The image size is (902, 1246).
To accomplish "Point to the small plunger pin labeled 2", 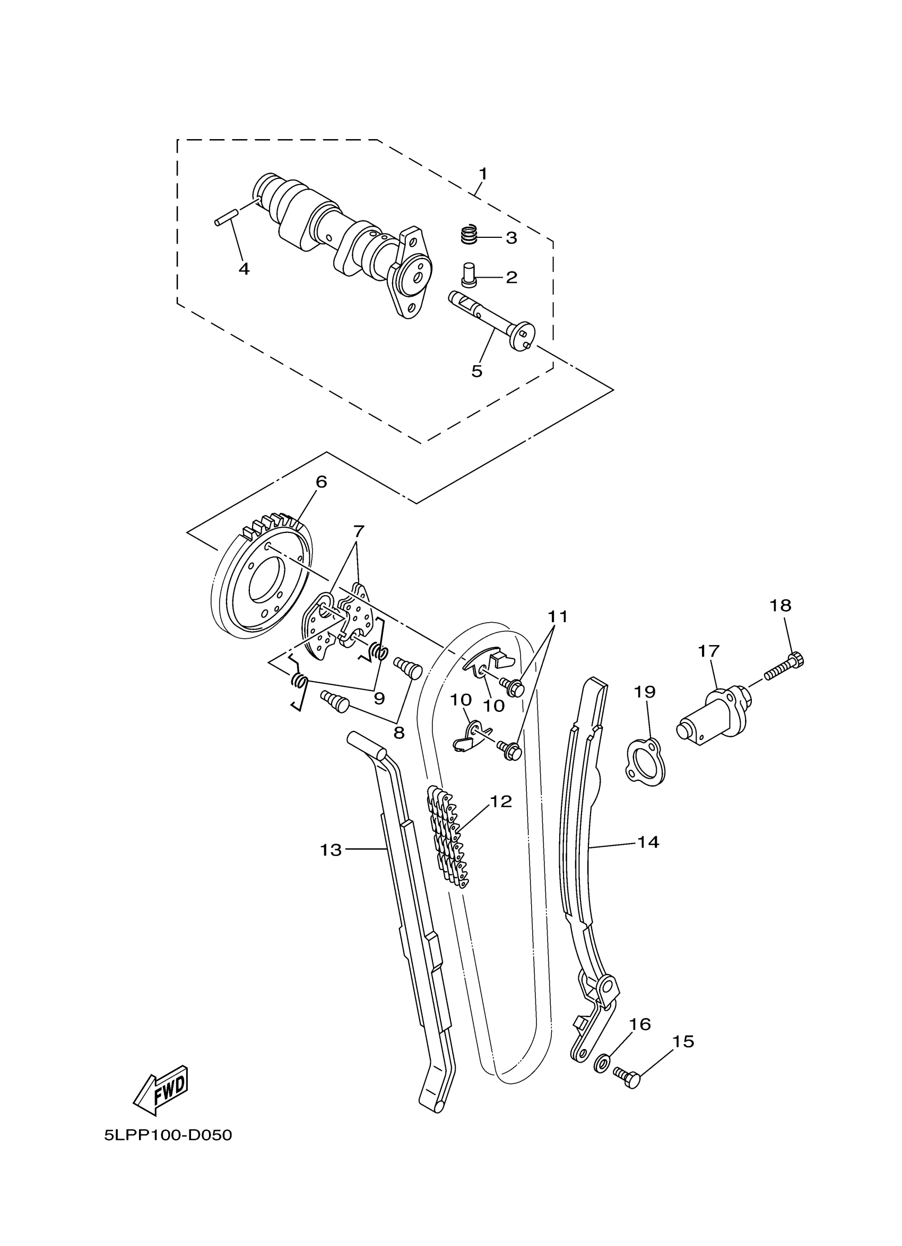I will coord(469,274).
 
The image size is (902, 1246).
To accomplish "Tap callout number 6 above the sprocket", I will coord(321,482).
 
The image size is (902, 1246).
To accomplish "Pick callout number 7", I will coord(359,531).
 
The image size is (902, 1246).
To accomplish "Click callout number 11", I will coord(558,616).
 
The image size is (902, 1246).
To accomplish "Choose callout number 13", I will coord(331,850).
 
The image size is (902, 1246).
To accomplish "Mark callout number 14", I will coord(648,841).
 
